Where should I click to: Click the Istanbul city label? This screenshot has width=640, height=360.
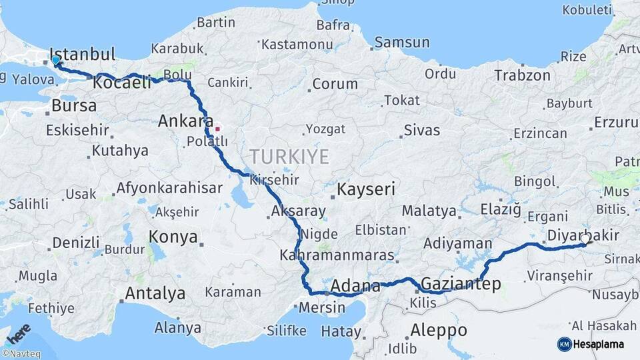83,54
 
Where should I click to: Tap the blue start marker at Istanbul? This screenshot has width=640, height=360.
56,61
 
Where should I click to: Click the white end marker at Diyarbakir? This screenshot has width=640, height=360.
585,238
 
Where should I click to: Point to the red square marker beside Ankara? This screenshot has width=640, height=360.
217,128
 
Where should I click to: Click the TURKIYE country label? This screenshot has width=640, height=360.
289,157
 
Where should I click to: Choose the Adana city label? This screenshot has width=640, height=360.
355,286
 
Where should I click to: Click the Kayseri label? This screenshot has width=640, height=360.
367,189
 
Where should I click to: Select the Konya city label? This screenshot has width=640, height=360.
173,237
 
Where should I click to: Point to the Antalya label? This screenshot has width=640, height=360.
155,293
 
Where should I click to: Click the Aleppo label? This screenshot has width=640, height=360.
438,329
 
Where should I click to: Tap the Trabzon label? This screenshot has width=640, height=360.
523,75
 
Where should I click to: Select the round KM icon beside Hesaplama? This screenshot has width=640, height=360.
564,344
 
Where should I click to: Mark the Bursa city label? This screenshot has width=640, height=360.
73,106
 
